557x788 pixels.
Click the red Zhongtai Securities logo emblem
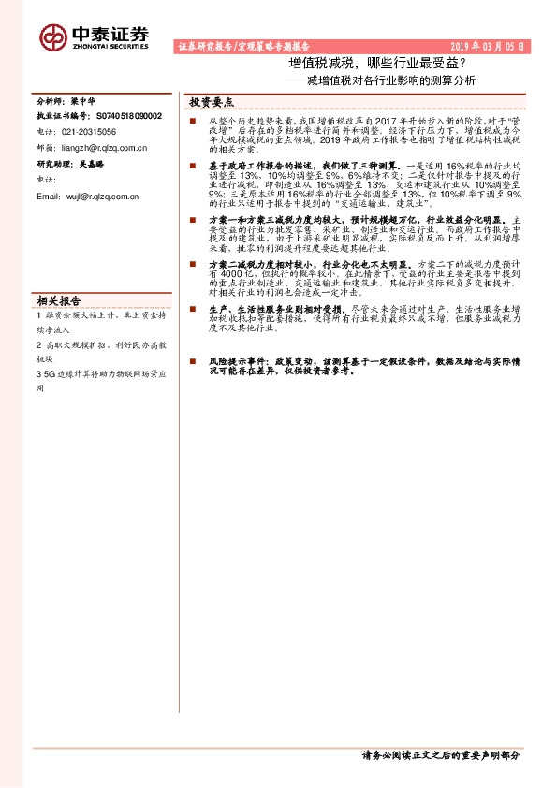point(53,36)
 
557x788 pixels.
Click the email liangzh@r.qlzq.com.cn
point(103,147)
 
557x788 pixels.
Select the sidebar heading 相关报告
point(58,300)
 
